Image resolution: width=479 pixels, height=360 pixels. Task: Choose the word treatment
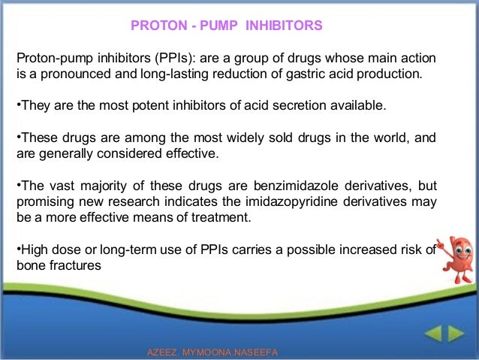(x=221, y=217)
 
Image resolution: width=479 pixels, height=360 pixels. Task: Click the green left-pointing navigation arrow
(x=433, y=334)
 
